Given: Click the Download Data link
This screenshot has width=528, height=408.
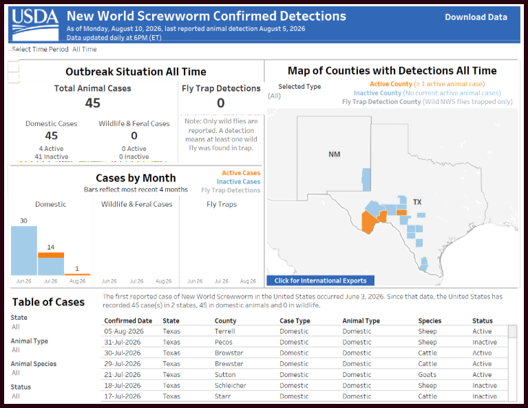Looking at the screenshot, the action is tap(476, 17).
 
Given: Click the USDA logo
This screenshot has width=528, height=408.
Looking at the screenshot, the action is tap(35, 25).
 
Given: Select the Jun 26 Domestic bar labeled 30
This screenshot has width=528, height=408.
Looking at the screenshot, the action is tap(24, 251).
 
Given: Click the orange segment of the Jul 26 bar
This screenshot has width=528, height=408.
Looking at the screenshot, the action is tap(51, 255).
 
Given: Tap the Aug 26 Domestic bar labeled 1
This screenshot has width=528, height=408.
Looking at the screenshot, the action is tap(78, 274).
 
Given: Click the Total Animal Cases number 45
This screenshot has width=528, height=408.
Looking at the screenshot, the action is tap(93, 103).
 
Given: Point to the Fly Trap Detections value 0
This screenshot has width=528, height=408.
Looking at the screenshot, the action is tap(220, 103).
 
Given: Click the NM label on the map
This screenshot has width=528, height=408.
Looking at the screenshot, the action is tap(335, 154).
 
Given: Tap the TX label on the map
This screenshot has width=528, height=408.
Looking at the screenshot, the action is tap(417, 202).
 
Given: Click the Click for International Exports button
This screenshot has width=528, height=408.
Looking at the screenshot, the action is tap(320, 280).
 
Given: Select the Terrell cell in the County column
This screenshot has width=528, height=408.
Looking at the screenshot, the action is tap(225, 331).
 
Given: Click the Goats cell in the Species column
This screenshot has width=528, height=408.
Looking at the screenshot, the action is tap(427, 375).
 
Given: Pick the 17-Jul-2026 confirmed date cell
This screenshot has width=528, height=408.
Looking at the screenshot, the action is tap(123, 396).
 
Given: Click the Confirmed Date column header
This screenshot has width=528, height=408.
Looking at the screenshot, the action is tap(128, 320).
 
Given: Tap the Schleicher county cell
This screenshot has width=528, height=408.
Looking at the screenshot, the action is tap(231, 385).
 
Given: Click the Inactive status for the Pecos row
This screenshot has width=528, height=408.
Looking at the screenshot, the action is tap(485, 342).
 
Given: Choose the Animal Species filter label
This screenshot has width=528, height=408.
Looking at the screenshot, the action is tap(34, 364).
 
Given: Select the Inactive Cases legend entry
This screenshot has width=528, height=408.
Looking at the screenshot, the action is tap(238, 182).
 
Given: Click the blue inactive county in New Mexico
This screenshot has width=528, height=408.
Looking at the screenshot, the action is tap(366, 180).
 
